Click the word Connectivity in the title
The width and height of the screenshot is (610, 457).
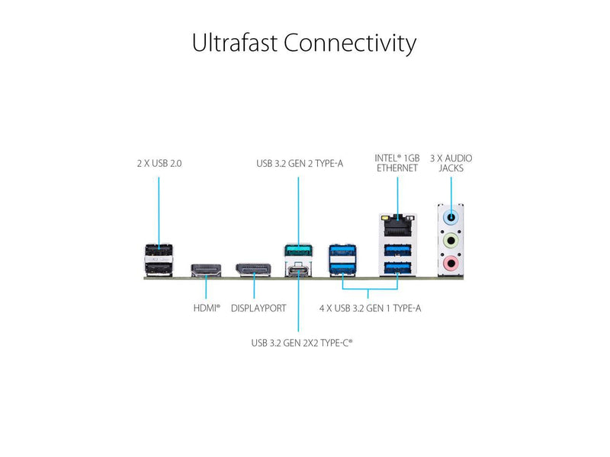pos(350,43)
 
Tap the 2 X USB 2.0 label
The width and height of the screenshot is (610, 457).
pos(159,163)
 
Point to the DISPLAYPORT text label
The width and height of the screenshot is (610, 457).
pos(258,308)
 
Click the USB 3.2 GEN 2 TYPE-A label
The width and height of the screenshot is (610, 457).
pos(300,163)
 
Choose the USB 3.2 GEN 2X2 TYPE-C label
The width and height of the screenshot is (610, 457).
pos(302,343)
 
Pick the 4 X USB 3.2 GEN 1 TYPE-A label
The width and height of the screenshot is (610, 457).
pos(370,308)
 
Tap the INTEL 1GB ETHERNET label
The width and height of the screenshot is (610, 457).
pos(396,163)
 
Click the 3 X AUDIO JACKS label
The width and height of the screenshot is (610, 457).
pos(451,163)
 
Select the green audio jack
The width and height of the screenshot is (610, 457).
pos(451,241)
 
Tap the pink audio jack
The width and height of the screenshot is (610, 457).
pos(451,264)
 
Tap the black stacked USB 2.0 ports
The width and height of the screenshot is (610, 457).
pos(159,259)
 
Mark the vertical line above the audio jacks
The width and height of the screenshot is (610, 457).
pos(451,188)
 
